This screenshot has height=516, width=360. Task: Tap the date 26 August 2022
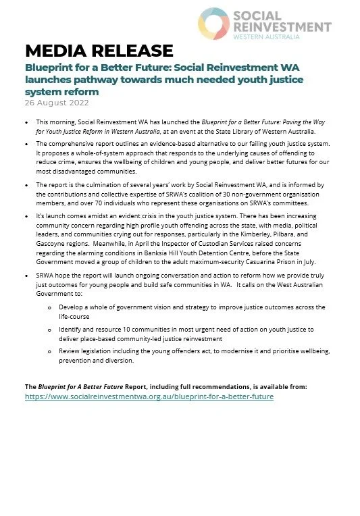pyautogui.click(x=57, y=103)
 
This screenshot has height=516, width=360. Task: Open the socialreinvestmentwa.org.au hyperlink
pyautogui.click(x=149, y=396)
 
